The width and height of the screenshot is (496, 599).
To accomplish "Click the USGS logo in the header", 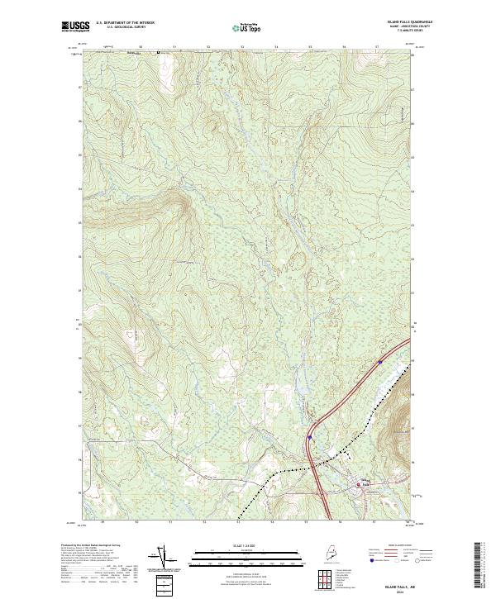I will pos(72,26).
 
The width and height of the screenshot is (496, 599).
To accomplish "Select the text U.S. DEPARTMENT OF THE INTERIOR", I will pos(126,23).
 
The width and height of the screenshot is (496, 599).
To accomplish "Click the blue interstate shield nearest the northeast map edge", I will pos(380,361).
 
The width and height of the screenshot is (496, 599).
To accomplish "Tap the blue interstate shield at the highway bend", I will pos(310,437).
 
